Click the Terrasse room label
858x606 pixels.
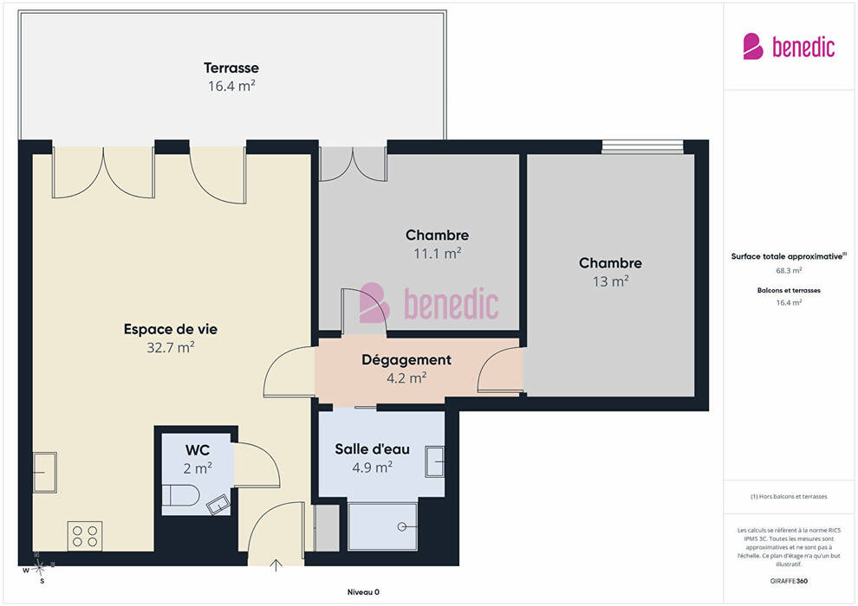tap(231, 68)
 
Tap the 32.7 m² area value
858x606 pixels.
tap(170, 347)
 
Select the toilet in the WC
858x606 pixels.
tap(181, 494)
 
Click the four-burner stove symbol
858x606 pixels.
tap(85, 536)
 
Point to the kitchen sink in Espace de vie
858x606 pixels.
tap(45, 472)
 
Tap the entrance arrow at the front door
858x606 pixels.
tap(276, 565)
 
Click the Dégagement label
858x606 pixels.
tap(406, 359)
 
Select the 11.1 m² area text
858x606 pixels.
tap(437, 254)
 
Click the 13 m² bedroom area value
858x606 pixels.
tap(611, 281)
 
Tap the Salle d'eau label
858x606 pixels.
tap(372, 449)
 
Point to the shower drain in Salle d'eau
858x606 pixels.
tap(402, 526)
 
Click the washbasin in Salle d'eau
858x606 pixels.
tap(435, 461)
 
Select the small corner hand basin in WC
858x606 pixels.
tap(218, 505)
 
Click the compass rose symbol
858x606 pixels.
tap(38, 568)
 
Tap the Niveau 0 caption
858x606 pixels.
tap(363, 592)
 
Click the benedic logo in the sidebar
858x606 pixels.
tap(789, 47)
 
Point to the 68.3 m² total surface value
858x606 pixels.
tap(789, 270)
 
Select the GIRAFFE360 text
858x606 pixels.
tap(789, 581)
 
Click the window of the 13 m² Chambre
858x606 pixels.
tap(642, 147)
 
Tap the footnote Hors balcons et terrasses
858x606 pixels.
tap(789, 497)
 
